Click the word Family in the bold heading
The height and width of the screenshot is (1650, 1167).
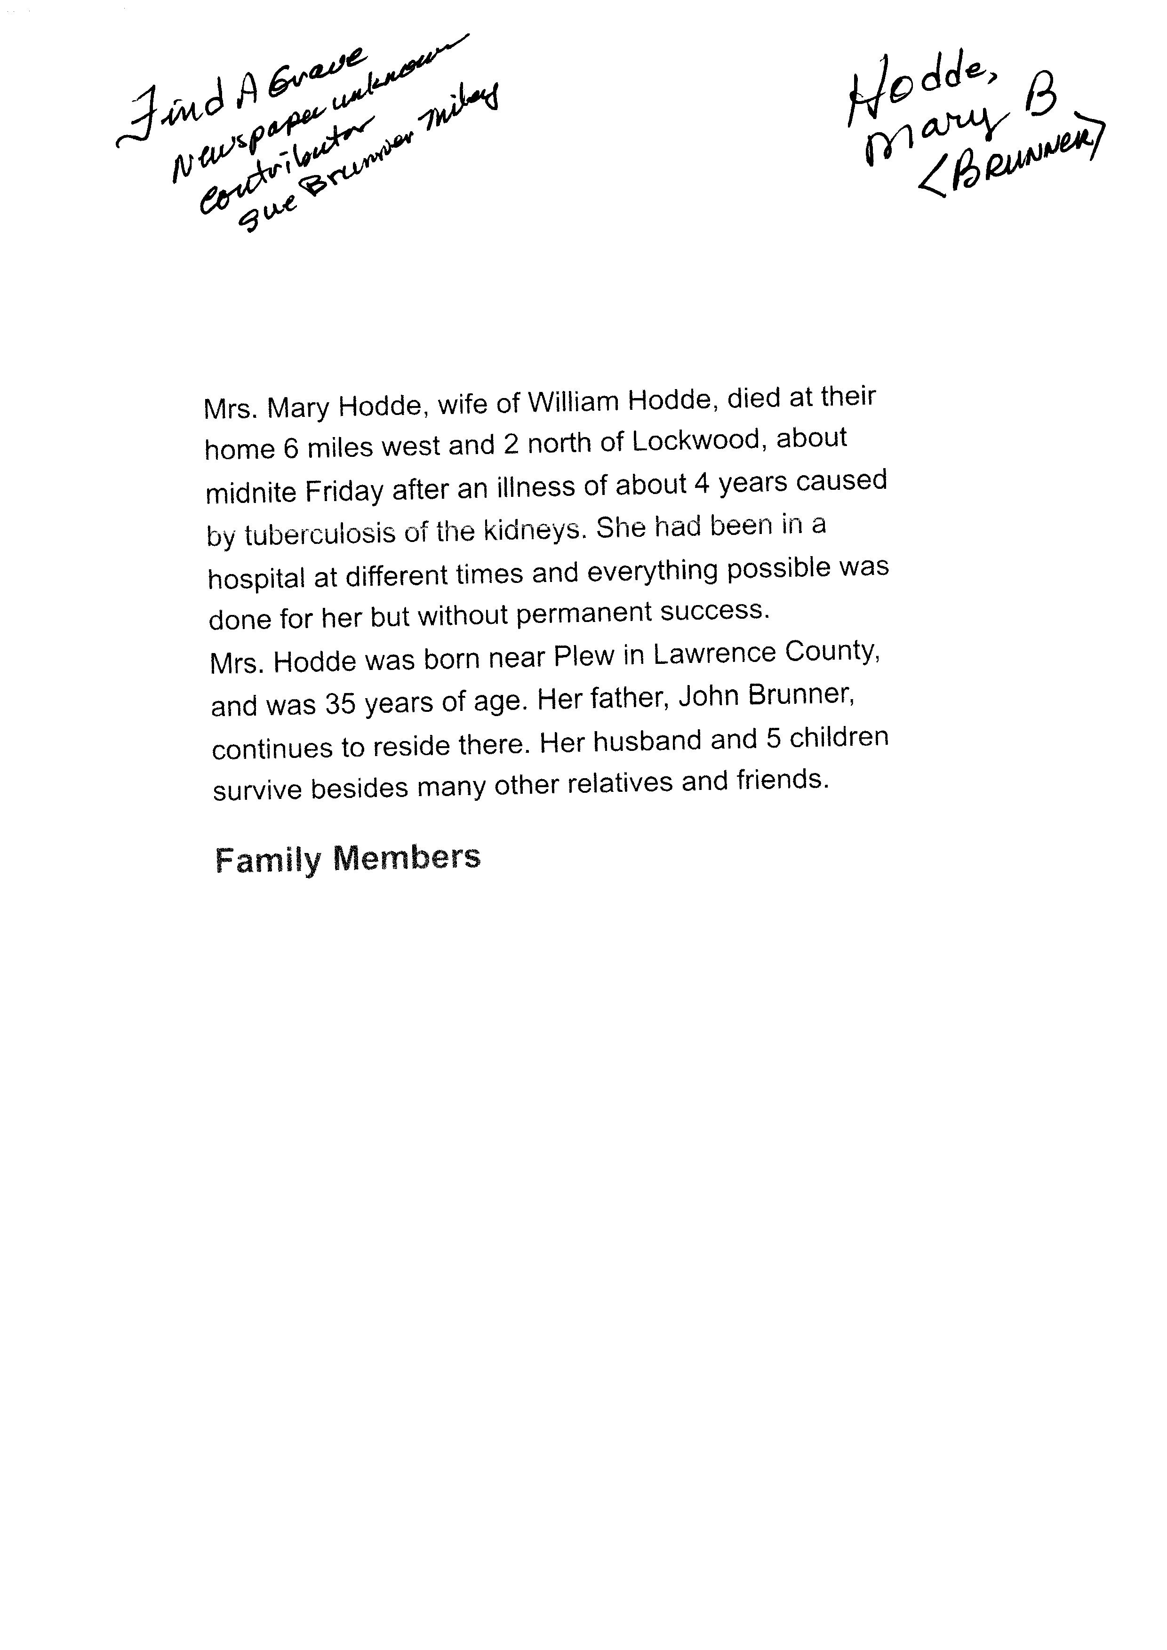tap(267, 860)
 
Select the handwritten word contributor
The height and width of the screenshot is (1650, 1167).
tap(284, 169)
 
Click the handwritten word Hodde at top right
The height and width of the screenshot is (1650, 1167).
tap(920, 90)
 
